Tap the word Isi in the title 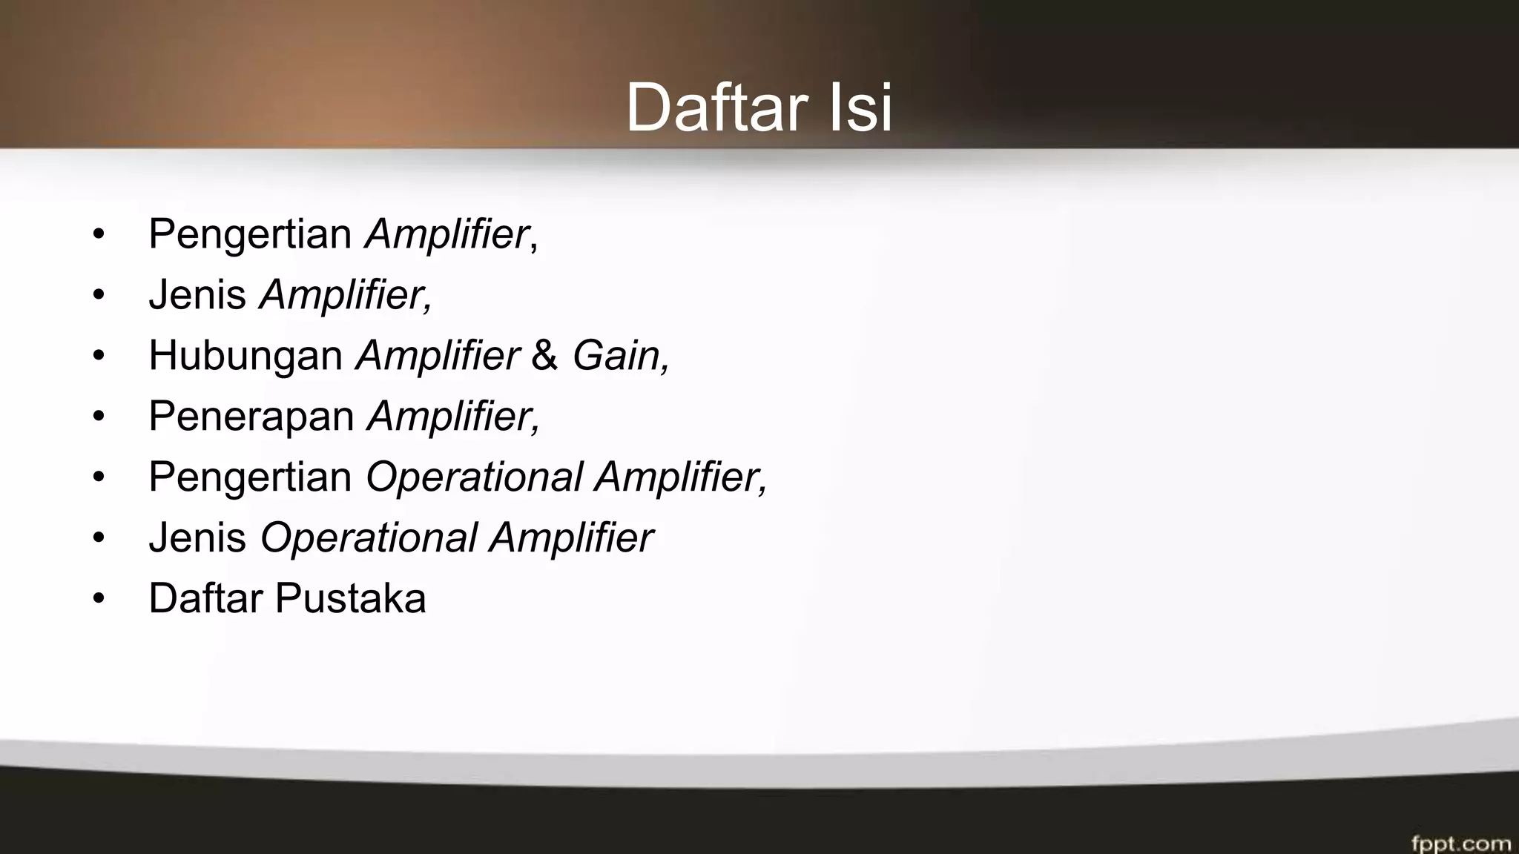coord(860,108)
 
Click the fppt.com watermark coord(1460,843)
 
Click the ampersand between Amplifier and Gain coord(544,355)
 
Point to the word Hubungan coord(246,355)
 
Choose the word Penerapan coord(251,416)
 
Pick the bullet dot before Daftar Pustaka coord(99,598)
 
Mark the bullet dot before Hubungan coord(99,356)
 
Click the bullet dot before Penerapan coord(99,417)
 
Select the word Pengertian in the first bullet coord(250,234)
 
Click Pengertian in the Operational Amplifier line coord(250,477)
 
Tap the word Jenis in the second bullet coord(197,294)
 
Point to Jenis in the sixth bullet coord(197,537)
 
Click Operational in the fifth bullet coord(474,477)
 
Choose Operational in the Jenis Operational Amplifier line coord(369,537)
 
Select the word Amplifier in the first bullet coord(447,234)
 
